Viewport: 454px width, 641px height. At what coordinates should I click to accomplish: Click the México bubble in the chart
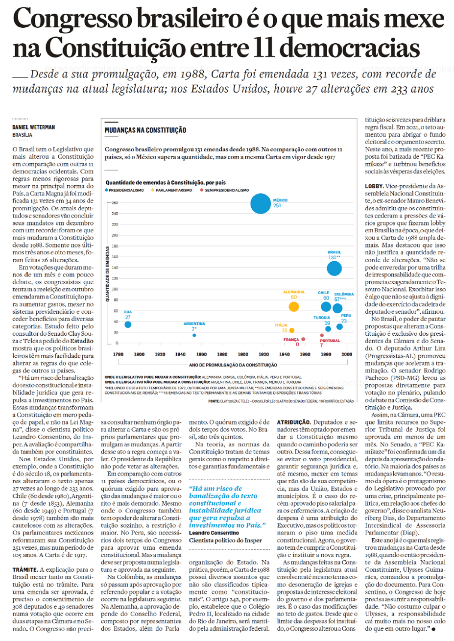tap(260, 203)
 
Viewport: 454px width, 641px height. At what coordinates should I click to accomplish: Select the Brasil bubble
tap(334, 268)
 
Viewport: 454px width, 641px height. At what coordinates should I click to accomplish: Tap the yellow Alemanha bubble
tap(293, 307)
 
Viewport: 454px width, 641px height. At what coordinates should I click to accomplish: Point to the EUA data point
tap(128, 324)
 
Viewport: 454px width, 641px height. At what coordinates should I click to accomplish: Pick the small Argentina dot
tap(194, 335)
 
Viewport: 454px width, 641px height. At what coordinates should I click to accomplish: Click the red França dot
tap(303, 339)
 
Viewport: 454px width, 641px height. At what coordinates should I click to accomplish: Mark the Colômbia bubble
tap(337, 308)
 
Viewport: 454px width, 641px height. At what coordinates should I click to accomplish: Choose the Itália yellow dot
tap(292, 331)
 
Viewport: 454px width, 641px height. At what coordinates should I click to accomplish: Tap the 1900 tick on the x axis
tap(243, 354)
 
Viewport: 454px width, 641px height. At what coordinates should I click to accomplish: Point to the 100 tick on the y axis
tap(115, 289)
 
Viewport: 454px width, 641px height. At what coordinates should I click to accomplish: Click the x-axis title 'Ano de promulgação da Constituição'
tap(233, 365)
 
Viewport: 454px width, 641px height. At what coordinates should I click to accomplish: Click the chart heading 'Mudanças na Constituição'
tap(145, 130)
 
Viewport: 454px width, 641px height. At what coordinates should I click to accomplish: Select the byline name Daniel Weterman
tap(34, 127)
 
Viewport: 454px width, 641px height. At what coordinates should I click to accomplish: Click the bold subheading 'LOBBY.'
tap(374, 186)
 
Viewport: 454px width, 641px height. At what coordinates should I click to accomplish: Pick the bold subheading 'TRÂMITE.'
tap(25, 569)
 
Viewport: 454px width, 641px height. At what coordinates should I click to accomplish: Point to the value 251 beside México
tap(278, 206)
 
